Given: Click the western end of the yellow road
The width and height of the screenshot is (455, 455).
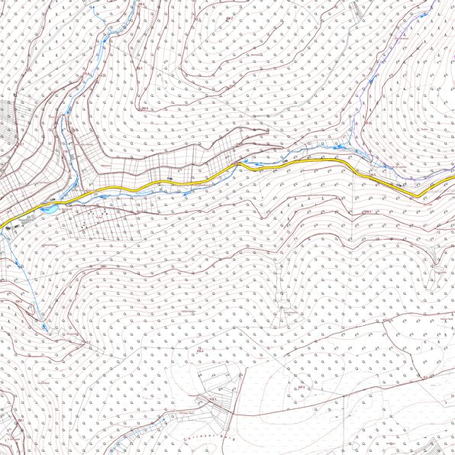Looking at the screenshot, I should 2,226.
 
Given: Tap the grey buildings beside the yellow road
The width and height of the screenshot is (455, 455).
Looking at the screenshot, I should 27,221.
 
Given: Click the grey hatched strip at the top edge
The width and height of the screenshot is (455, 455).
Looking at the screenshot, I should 357,9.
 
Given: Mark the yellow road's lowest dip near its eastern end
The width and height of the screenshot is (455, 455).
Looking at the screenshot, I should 420,196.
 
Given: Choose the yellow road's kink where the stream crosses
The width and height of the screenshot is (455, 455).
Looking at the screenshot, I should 238,165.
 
